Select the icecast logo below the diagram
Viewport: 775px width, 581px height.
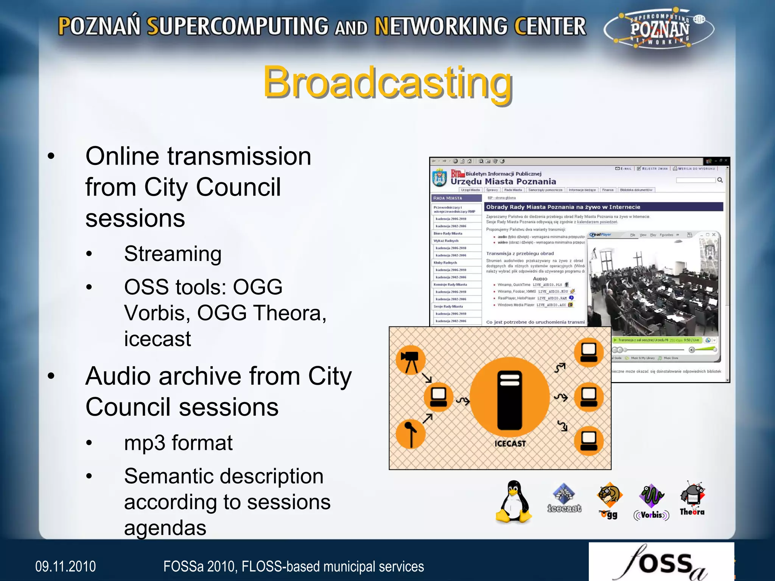point(564,498)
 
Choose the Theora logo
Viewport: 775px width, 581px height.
point(692,499)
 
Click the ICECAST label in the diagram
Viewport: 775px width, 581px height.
point(510,444)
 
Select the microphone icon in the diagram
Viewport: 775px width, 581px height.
point(410,434)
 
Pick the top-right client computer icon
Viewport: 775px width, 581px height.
point(588,352)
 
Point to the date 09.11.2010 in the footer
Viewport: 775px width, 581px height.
point(65,567)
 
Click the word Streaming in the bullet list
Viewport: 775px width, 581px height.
point(173,254)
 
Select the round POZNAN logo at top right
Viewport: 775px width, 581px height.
point(659,30)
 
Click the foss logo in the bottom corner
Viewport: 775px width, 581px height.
point(661,562)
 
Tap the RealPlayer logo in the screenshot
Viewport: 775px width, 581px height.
point(601,235)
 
